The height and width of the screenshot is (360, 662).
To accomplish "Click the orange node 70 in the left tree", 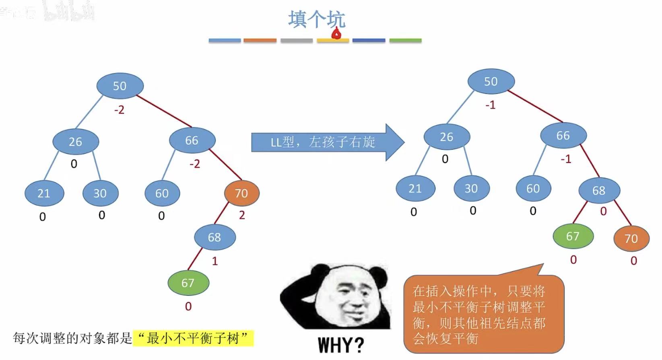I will point(241,193).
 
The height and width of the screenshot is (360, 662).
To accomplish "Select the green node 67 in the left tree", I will point(188,283).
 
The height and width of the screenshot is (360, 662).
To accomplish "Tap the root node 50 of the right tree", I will point(491,81).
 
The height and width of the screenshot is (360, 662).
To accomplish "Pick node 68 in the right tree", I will point(599,190).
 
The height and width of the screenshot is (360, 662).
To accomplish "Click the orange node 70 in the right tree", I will point(631,239).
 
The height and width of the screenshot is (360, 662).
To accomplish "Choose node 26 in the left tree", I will point(75,142).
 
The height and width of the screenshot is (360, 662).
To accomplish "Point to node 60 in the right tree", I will point(533,188).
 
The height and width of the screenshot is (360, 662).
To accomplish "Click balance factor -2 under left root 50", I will point(119,110).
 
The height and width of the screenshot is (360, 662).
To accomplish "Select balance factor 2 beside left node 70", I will point(242,215).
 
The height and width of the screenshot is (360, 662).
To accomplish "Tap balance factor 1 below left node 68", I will point(215,261).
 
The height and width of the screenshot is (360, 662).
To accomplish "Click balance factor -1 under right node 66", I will point(566,159).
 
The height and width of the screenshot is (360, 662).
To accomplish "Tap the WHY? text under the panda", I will point(340,345).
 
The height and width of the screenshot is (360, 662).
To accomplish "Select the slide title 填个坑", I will point(317,19).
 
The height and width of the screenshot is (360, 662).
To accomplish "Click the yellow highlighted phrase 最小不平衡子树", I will point(193,338).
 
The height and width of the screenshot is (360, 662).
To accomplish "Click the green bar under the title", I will point(405,40).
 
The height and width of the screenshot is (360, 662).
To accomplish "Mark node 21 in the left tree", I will point(44,193).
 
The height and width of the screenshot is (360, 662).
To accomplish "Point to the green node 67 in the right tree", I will point(573,236).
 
